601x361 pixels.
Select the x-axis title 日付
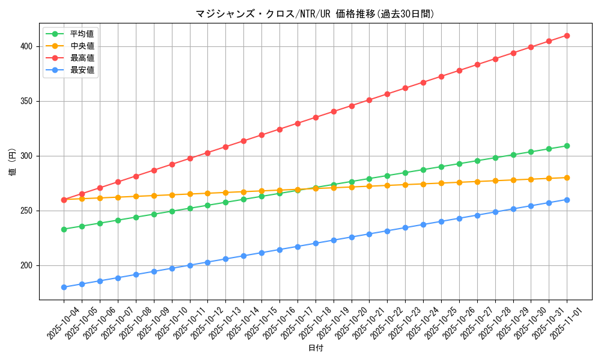coord(316,348)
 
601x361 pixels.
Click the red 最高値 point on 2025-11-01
coord(567,35)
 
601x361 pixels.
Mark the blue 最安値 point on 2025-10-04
coord(64,287)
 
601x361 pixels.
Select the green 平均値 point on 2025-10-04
coord(64,229)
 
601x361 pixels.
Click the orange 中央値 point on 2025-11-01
coord(567,177)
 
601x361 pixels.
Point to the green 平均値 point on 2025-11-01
coord(567,146)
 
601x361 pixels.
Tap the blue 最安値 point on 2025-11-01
coord(567,200)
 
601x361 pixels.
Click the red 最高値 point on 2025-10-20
coord(352,106)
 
